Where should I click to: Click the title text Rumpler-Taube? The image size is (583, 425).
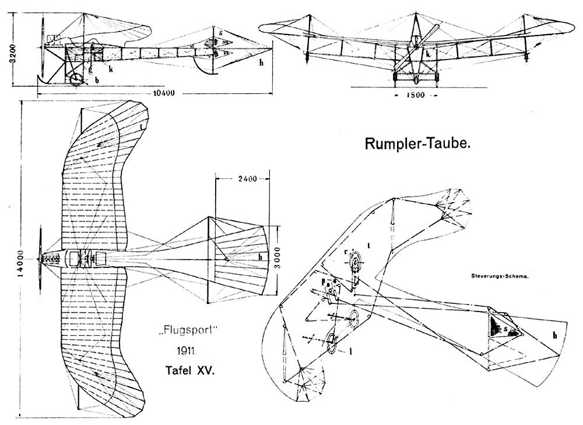[x=417, y=144]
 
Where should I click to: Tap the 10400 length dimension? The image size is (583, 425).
[x=165, y=93]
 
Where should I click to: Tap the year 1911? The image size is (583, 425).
[x=188, y=352]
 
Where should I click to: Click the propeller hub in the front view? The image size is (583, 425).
[x=417, y=38]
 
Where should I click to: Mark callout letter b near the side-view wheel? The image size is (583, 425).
[x=97, y=80]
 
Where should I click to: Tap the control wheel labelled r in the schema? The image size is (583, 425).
[x=352, y=263]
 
